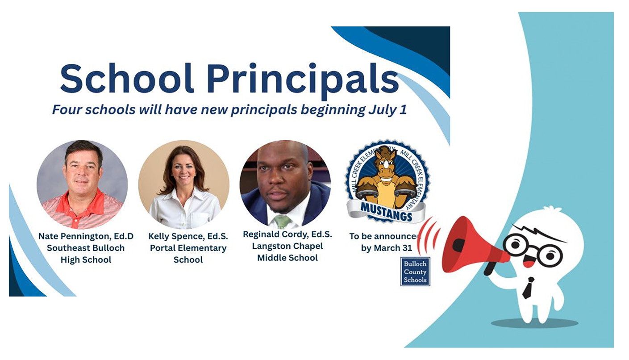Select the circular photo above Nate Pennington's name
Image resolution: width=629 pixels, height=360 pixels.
coord(82,184)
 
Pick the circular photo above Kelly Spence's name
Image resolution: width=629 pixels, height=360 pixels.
coord(183,184)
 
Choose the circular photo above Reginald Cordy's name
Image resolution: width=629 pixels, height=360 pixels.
coord(285,184)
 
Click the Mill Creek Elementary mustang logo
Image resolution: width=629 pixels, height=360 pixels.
coord(387,181)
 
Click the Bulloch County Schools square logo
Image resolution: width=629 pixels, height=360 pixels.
coord(415,272)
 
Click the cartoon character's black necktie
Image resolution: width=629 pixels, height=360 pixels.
coord(529,288)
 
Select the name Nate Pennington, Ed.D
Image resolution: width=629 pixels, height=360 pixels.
coord(86,236)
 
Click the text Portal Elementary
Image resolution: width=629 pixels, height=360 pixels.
coord(188,248)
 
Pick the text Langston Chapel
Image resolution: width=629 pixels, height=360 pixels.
coord(287,246)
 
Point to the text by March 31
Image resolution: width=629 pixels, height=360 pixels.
coord(387,248)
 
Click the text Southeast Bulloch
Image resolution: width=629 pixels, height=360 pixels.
coord(86,248)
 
